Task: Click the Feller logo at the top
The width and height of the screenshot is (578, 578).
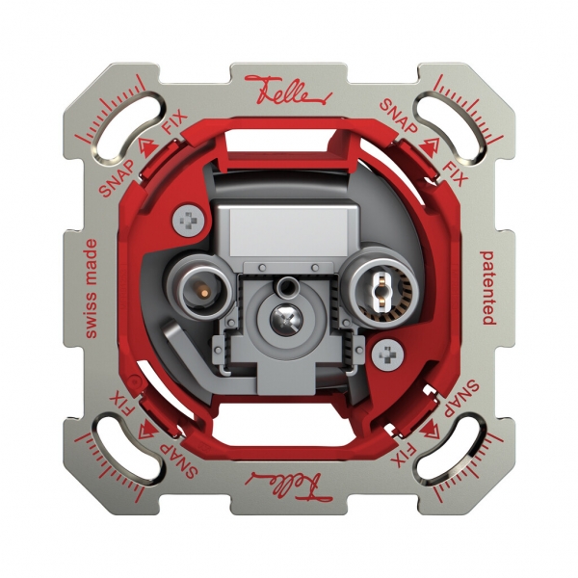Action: click(288, 91)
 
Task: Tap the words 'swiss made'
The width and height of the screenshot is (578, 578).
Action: click(91, 289)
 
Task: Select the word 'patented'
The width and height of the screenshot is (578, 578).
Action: click(487, 288)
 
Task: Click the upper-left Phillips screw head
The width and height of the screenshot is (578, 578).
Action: click(189, 222)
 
